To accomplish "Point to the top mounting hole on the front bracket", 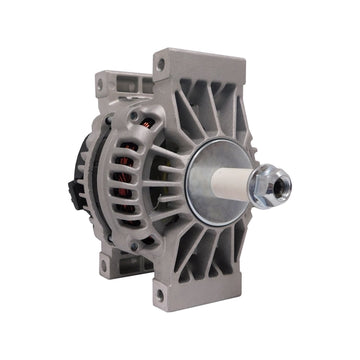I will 160,65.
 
